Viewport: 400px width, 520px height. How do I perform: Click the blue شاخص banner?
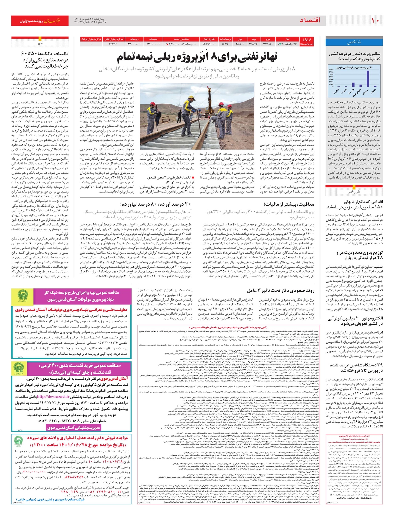[x=354, y=42]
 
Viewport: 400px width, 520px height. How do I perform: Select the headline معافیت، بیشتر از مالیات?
[x=289, y=204]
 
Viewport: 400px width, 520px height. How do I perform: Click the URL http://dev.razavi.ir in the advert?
[x=53, y=396]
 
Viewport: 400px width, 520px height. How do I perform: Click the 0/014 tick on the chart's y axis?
[x=331, y=69]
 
